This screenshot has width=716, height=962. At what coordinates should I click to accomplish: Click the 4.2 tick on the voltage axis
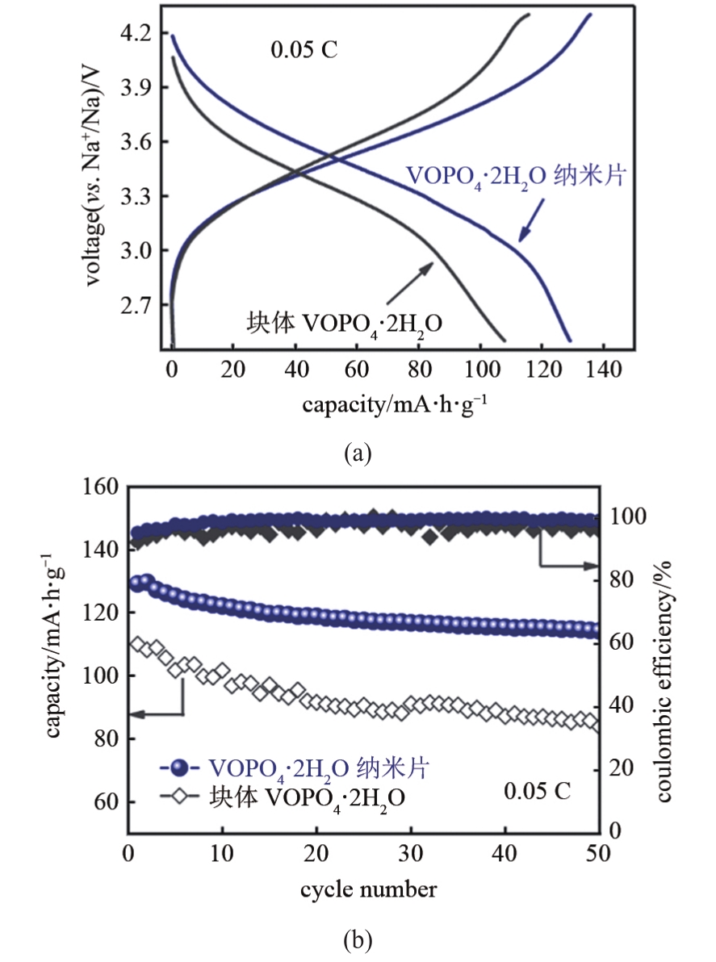pos(135,33)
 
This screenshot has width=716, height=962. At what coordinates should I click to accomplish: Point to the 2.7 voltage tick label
pos(135,305)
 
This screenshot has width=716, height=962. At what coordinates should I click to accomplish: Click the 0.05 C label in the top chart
pos(304,50)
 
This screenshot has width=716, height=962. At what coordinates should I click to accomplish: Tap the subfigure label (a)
pos(358,454)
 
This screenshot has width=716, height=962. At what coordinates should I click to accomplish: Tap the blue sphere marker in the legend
pos(179,767)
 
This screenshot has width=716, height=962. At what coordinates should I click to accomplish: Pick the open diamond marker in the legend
pos(179,797)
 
